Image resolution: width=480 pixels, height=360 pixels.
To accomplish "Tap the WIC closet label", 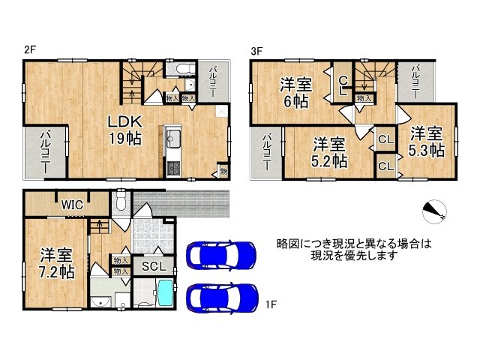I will [x=73, y=204].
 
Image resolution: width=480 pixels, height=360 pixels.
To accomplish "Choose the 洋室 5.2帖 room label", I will [x=328, y=151].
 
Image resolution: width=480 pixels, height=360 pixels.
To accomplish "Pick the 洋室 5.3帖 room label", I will [x=426, y=142].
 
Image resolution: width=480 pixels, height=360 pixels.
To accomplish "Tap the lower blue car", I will [x=220, y=297].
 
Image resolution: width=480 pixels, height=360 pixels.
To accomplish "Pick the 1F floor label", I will [x=271, y=304].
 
